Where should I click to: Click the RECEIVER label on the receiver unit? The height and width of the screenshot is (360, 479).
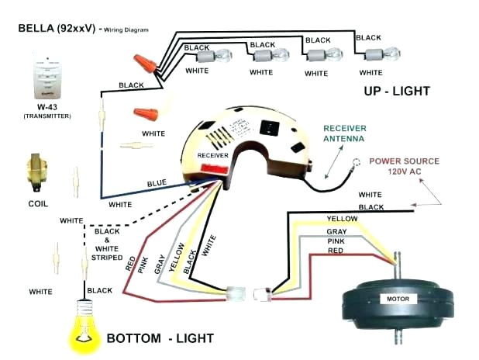click(x=212, y=155)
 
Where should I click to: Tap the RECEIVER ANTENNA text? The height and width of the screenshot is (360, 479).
click(x=349, y=133)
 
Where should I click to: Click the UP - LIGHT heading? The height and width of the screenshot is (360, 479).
click(x=396, y=91)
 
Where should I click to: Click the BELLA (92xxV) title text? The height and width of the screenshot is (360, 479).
click(x=57, y=28)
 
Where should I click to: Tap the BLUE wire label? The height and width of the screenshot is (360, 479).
click(x=157, y=183)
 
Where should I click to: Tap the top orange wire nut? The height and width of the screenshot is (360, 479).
click(x=141, y=60)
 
